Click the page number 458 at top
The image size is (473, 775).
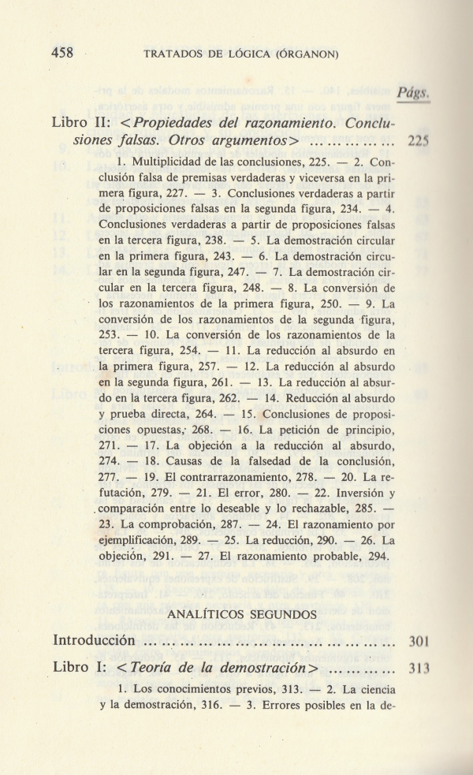point(62,53)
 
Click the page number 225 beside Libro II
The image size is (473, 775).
point(417,143)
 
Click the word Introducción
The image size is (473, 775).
point(94,639)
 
